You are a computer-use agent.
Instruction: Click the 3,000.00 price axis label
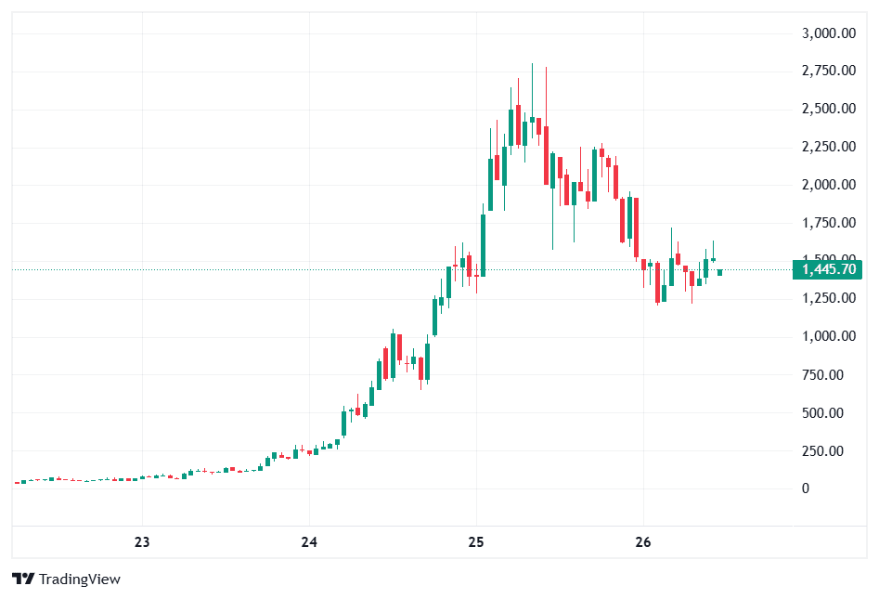click(828, 33)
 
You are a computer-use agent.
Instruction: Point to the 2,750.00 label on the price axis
click(828, 71)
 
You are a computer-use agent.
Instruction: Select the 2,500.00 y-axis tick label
click(828, 109)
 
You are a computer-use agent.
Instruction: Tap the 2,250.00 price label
click(828, 147)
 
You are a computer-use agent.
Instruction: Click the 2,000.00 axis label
click(828, 185)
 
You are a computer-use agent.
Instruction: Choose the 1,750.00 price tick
click(828, 223)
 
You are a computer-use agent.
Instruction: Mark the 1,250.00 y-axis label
click(828, 298)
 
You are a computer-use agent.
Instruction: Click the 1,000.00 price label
click(828, 336)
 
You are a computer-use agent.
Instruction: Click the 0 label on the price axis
click(806, 488)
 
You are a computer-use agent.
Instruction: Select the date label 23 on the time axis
click(142, 542)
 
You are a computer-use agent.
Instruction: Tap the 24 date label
click(309, 542)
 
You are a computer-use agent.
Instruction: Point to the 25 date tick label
click(476, 542)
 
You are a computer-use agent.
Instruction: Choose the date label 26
click(644, 542)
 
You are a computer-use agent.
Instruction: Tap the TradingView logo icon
click(23, 579)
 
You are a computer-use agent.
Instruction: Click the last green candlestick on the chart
click(719, 272)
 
